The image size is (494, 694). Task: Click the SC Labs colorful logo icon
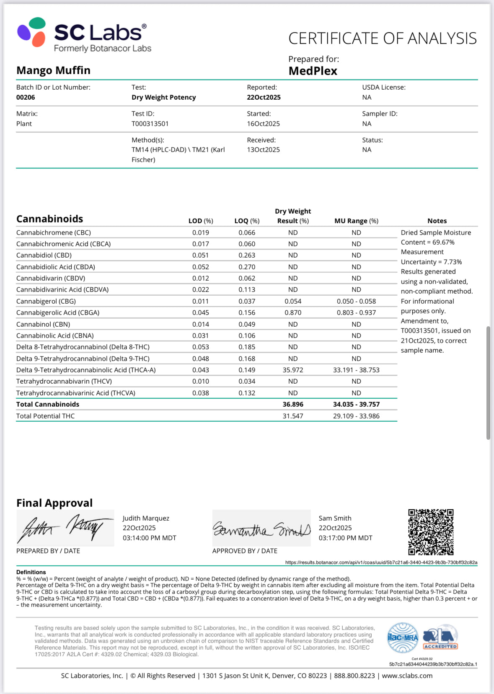[x=31, y=32]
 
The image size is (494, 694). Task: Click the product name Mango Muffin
[x=53, y=70]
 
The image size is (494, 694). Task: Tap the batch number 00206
[x=26, y=97]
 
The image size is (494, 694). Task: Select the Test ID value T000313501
[x=150, y=124]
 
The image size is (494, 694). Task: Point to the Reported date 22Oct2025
[x=264, y=97]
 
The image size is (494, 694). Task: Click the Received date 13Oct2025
[x=263, y=150]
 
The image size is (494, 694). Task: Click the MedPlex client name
[x=313, y=71]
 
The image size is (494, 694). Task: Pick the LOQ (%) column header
[x=247, y=221]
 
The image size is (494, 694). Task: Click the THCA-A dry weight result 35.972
[x=292, y=370]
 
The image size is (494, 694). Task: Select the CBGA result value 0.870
[x=292, y=312]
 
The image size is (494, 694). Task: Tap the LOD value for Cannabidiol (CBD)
[x=201, y=255]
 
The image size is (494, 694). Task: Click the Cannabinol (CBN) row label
[x=43, y=324]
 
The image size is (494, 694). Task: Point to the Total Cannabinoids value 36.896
[x=292, y=404]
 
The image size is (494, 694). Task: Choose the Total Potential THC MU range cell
[x=356, y=416]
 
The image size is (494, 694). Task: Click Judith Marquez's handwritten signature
[x=65, y=528]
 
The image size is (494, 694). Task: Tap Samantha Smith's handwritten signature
[x=261, y=529]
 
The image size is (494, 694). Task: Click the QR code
[x=431, y=532]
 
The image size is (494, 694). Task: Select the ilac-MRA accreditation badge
[x=402, y=637]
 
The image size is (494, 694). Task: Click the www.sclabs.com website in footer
[x=407, y=676]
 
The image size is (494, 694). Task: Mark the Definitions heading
[x=31, y=572]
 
